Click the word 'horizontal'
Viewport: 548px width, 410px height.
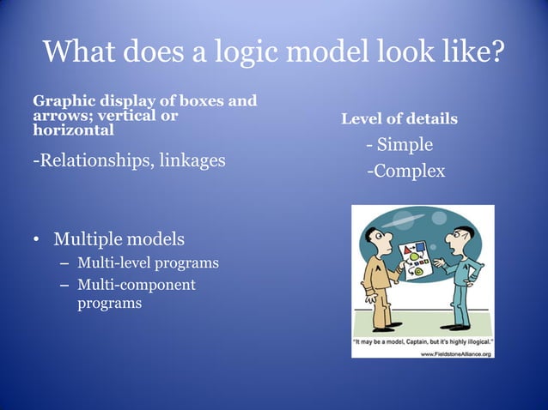pyautogui.click(x=73, y=131)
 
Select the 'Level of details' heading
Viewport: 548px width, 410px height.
pyautogui.click(x=399, y=118)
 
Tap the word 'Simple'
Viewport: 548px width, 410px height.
pyautogui.click(x=405, y=144)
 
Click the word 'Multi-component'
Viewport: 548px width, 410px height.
pyautogui.click(x=137, y=285)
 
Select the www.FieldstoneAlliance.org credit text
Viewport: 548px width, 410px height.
pyautogui.click(x=455, y=353)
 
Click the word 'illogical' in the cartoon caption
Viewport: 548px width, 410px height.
pyautogui.click(x=473, y=341)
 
